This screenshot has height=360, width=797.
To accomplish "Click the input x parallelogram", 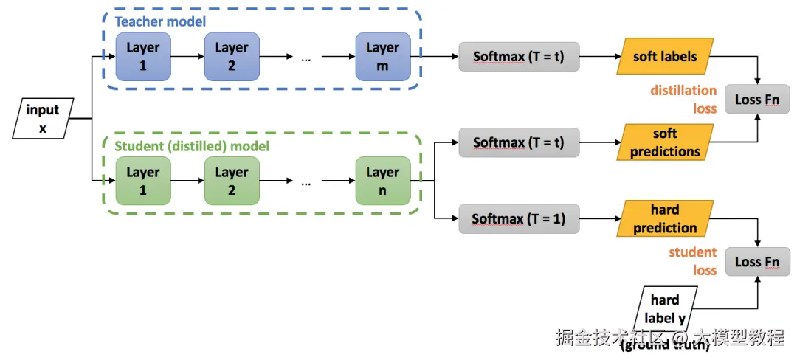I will pos(43,119).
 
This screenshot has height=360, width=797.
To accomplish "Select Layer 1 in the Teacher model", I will pos(142,57).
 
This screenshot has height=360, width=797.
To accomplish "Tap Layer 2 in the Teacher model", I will pos(232,57).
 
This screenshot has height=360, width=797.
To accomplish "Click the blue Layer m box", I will pos(382,57).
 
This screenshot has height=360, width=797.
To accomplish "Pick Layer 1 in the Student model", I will pos(142,181).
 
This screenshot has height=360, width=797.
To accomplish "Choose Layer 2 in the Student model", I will pos(232,181).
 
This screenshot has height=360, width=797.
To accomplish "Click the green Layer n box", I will pos(382,181).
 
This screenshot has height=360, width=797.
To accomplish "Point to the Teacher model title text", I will pos(160,21).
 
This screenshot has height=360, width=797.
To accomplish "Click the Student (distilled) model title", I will pos(192,146).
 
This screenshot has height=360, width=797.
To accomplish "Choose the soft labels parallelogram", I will pos(664,56).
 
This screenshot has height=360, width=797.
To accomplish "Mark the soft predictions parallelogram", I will pos(664,142).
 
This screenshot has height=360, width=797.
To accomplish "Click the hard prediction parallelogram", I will pos(664,219).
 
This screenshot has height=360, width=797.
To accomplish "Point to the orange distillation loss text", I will pos(683,100).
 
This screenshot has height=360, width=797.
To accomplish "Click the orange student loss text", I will pos(693,261).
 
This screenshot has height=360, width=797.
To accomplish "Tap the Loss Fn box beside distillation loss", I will pos(757,100).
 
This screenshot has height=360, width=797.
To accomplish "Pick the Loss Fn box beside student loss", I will pos(757,261).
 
